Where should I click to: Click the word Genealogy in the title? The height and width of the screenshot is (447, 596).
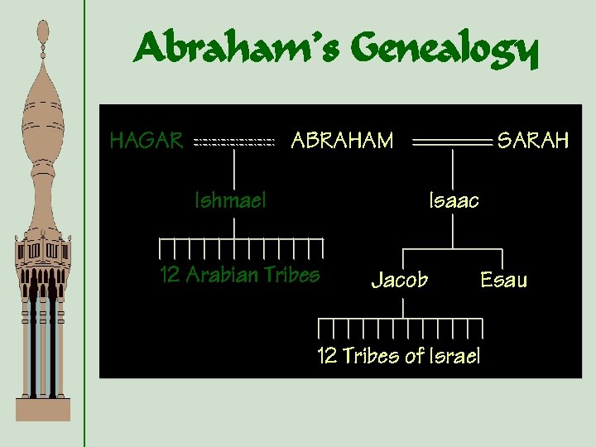coord(445,51)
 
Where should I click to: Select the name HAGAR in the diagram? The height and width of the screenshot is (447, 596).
coord(147,141)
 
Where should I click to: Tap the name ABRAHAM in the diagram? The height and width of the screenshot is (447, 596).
coord(342,142)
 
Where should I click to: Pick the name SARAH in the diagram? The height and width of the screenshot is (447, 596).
coord(532,142)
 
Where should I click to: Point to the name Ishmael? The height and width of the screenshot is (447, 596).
coord(229,200)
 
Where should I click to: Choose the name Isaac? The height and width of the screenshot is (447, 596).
coord(454,200)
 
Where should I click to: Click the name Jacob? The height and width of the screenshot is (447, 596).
coord(400,281)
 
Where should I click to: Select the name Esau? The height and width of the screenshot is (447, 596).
coord(503,281)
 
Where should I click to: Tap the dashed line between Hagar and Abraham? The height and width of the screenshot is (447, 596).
coord(233,143)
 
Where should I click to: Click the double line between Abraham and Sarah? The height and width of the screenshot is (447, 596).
coord(452,143)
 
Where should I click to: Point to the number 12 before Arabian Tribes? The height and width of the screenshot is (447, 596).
coord(170,275)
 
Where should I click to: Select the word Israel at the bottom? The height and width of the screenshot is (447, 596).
coord(454,357)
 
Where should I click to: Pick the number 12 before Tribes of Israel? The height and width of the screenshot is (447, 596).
coord(327,357)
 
